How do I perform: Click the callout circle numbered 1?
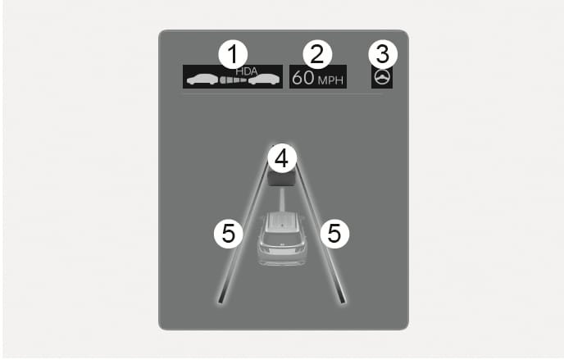pos(233,54)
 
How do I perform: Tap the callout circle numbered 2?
pos(317,54)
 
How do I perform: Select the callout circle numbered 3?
pos(383,54)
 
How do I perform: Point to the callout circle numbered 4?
pos(282,158)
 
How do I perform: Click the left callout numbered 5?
pos(229,234)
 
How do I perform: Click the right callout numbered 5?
pos(334,234)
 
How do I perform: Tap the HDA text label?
pos(247,71)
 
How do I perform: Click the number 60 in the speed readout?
pos(302,78)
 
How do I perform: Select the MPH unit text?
pos(330,80)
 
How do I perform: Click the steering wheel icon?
pos(382,77)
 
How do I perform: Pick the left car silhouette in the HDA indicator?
pos(202,80)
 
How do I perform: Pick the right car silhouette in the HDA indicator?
pos(264,80)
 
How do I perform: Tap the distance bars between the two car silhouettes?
pos(234,80)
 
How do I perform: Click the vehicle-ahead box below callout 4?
pos(282,178)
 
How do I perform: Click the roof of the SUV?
pos(282,221)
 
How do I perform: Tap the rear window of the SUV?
pos(282,237)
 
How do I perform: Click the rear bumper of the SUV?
pos(282,261)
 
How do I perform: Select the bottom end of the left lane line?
pos(221,302)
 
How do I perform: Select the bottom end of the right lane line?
pos(343,302)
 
